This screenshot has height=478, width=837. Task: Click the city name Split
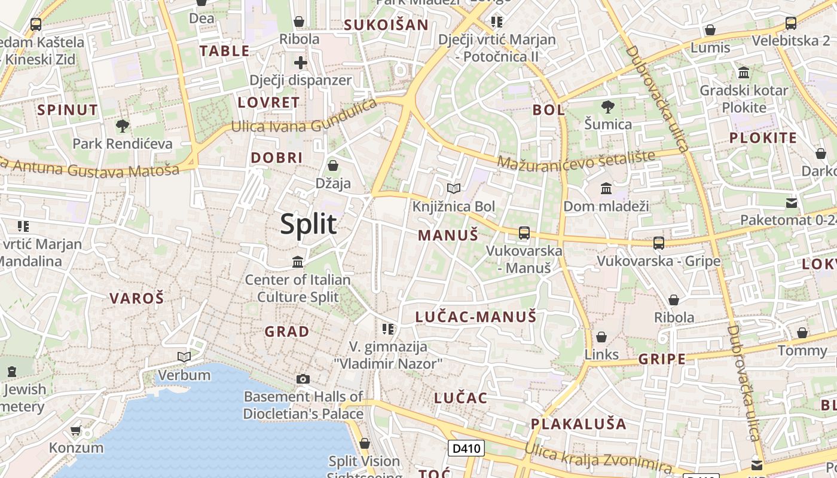(308, 225)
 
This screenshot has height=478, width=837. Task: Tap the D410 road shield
(466, 448)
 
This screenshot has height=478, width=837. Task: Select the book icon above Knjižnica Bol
(454, 189)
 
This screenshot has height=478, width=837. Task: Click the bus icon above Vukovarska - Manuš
(524, 233)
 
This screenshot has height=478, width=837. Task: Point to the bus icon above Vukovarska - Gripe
(658, 243)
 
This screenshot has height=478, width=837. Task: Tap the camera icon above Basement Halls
(303, 379)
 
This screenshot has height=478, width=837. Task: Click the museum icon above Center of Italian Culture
(298, 262)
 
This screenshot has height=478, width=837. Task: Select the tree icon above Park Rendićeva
(123, 126)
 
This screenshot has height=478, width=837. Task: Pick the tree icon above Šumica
(608, 107)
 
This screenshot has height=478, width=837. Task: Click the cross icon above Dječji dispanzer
(301, 62)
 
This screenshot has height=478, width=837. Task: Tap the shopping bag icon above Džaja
(333, 166)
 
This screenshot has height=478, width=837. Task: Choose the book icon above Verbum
(184, 357)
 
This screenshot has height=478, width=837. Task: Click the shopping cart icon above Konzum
(76, 430)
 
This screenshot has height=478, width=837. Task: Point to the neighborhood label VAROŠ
(136, 298)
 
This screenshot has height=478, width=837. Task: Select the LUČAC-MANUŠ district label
(476, 317)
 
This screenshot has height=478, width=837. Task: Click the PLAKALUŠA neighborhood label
(579, 424)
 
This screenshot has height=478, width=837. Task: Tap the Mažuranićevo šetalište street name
(576, 160)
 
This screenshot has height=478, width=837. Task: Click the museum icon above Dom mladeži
(606, 189)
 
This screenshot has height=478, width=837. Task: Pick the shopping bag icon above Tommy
(802, 333)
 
